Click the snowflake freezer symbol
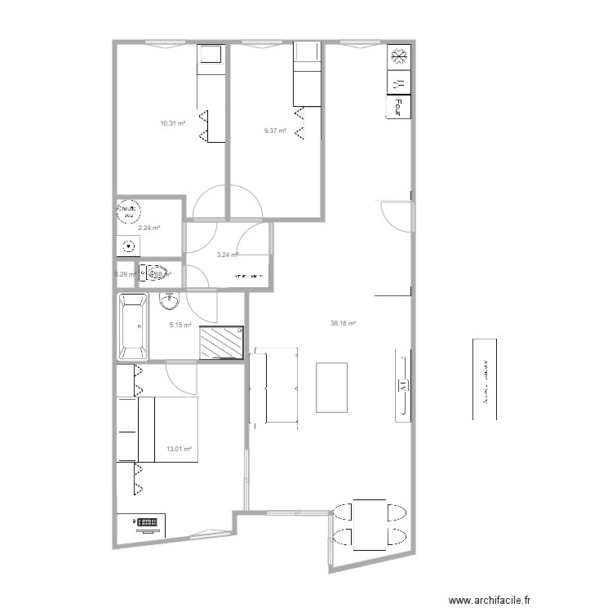pos(399,57)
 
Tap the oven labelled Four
pos(399,106)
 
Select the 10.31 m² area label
pos(172,123)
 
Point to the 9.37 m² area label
pos(275,131)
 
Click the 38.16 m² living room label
pos(343,323)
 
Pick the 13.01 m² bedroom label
pos(179,449)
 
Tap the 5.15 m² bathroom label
pos(180,325)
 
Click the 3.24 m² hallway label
pos(227,255)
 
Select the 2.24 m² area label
pos(149,228)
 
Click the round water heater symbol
pos(128,211)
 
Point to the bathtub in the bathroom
pos(133,327)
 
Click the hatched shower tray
pos(222,341)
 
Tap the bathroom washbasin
pos(170,302)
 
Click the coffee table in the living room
pos(332,387)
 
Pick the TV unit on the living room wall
pos(402,385)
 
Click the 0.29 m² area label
pos(123,274)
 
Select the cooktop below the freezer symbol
pos(399,82)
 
